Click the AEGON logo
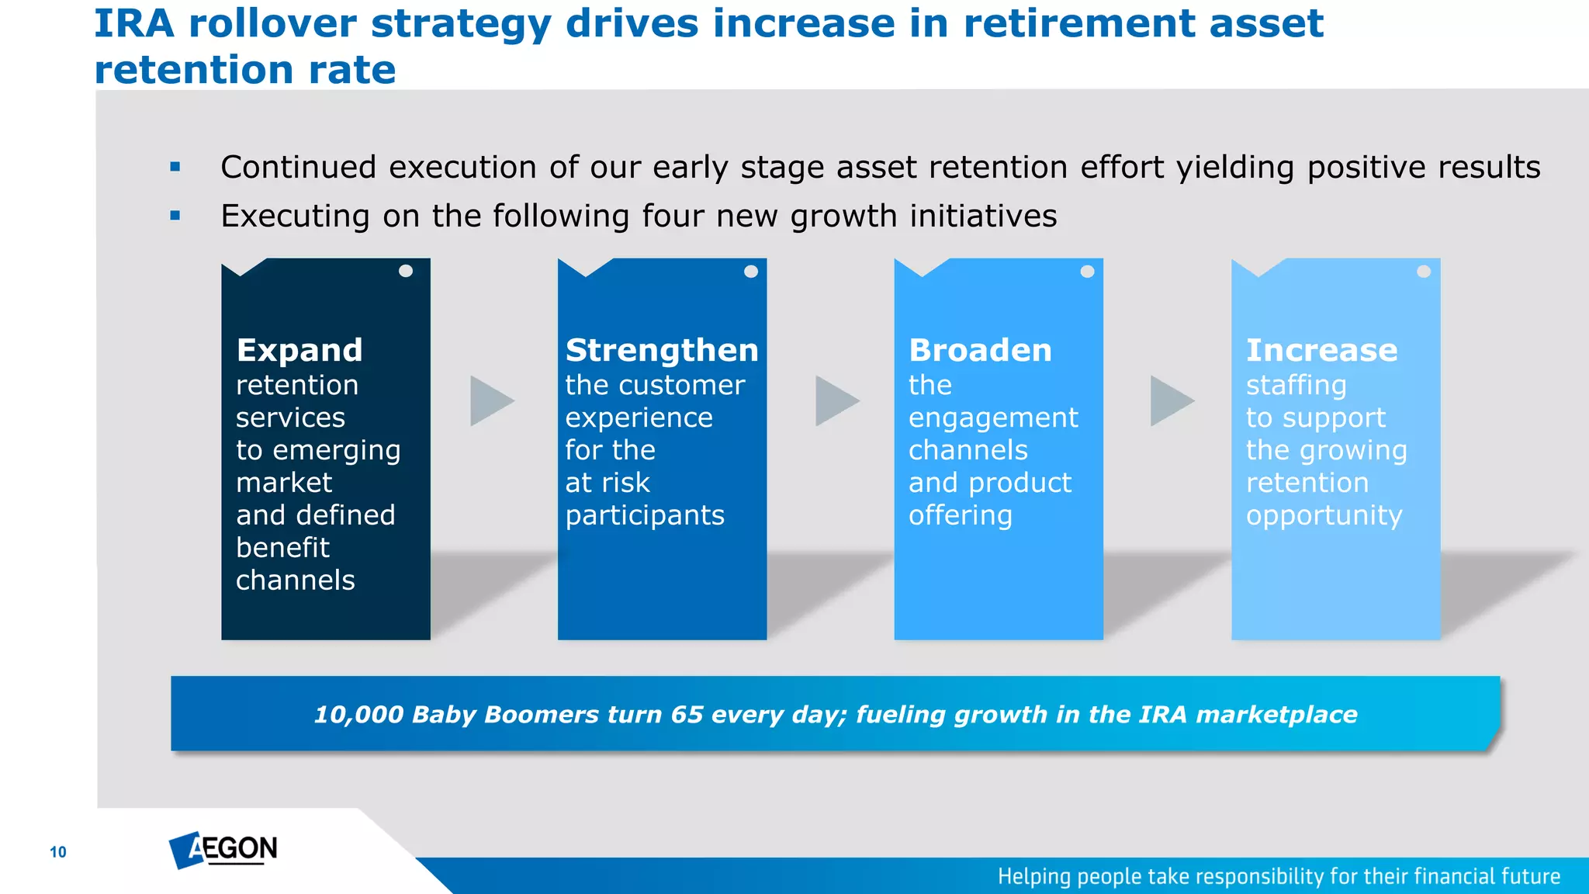(223, 850)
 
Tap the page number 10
(58, 852)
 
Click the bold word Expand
(299, 350)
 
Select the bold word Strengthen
(662, 350)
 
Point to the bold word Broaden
(980, 350)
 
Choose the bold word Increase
(1321, 350)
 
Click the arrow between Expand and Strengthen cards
(490, 401)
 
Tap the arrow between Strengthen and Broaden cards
(836, 401)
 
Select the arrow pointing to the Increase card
(1170, 401)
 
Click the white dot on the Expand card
(406, 271)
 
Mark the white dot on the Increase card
(1424, 272)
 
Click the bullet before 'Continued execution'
(175, 167)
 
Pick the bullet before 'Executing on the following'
(175, 216)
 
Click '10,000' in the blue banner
(358, 715)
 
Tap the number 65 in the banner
(687, 715)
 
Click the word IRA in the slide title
(133, 23)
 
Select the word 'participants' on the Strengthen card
(645, 516)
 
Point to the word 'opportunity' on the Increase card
(1324, 516)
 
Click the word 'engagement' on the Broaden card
(993, 418)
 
